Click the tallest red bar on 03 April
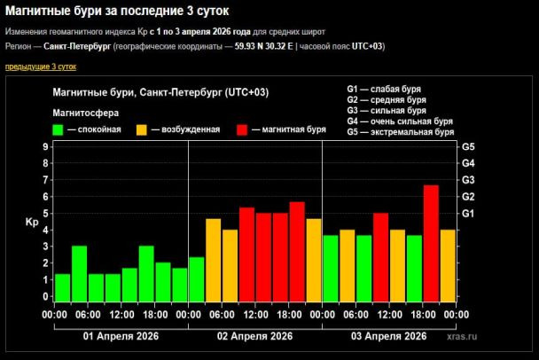pyautogui.click(x=431, y=243)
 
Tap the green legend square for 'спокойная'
pyautogui.click(x=59, y=129)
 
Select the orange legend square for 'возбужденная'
pyautogui.click(x=141, y=129)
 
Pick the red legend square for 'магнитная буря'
pyautogui.click(x=241, y=129)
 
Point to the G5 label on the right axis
pyautogui.click(x=468, y=146)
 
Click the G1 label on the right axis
pyautogui.click(x=468, y=213)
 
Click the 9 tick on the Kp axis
pyautogui.click(x=45, y=146)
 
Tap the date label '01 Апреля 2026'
pyautogui.click(x=121, y=336)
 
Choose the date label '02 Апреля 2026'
pyautogui.click(x=255, y=336)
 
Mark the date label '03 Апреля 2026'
pyautogui.click(x=388, y=336)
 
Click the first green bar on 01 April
pyautogui.click(x=62, y=288)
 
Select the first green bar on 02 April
pyautogui.click(x=196, y=279)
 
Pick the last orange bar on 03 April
pyautogui.click(x=448, y=266)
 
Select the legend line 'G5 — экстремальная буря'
pyautogui.click(x=401, y=132)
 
